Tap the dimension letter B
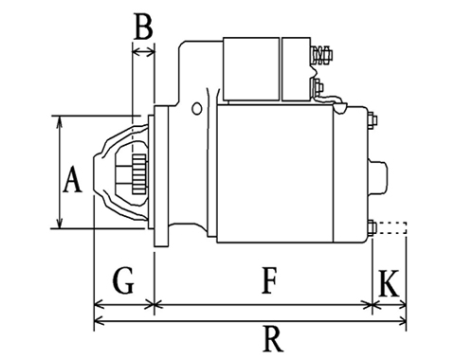pyautogui.click(x=143, y=27)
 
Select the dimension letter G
pyautogui.click(x=123, y=280)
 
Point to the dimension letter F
pyautogui.click(x=269, y=280)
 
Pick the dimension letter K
pyautogui.click(x=389, y=283)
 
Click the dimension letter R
pyautogui.click(x=273, y=339)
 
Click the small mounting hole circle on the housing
pyautogui.click(x=196, y=108)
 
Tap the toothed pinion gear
pyautogui.click(x=139, y=174)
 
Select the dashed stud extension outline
pyautogui.click(x=391, y=228)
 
